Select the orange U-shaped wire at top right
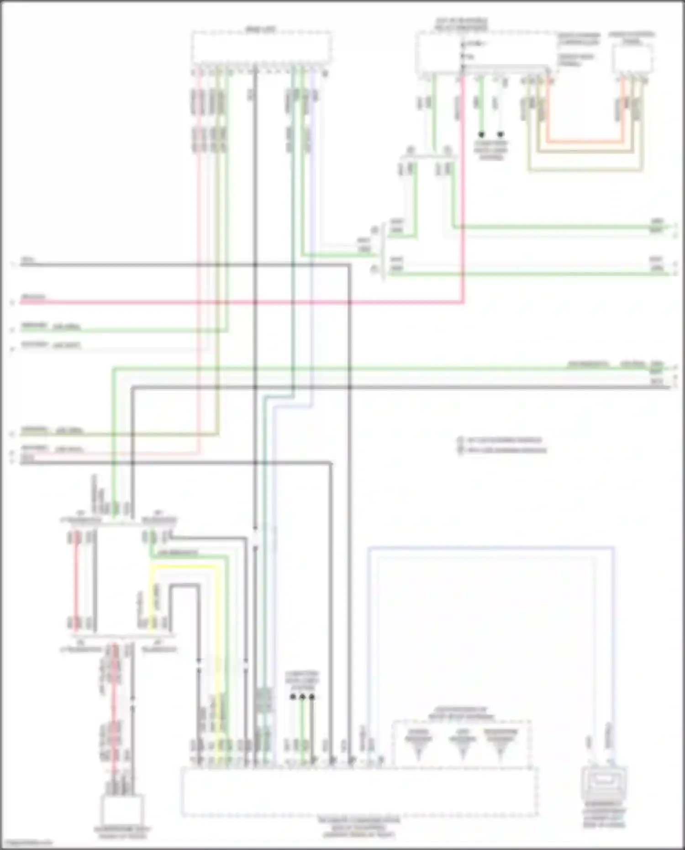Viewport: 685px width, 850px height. (x=585, y=142)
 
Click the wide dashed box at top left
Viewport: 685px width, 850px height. (x=261, y=47)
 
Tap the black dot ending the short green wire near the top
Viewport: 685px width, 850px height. (x=481, y=135)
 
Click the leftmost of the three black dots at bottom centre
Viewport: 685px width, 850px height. (x=293, y=697)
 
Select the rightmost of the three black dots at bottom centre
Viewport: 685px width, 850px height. (x=312, y=697)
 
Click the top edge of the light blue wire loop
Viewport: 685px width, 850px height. (x=491, y=547)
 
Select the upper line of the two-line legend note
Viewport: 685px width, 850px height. (x=502, y=440)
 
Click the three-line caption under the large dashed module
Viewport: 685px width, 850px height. (x=359, y=827)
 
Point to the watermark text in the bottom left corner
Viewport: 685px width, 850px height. (x=26, y=843)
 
